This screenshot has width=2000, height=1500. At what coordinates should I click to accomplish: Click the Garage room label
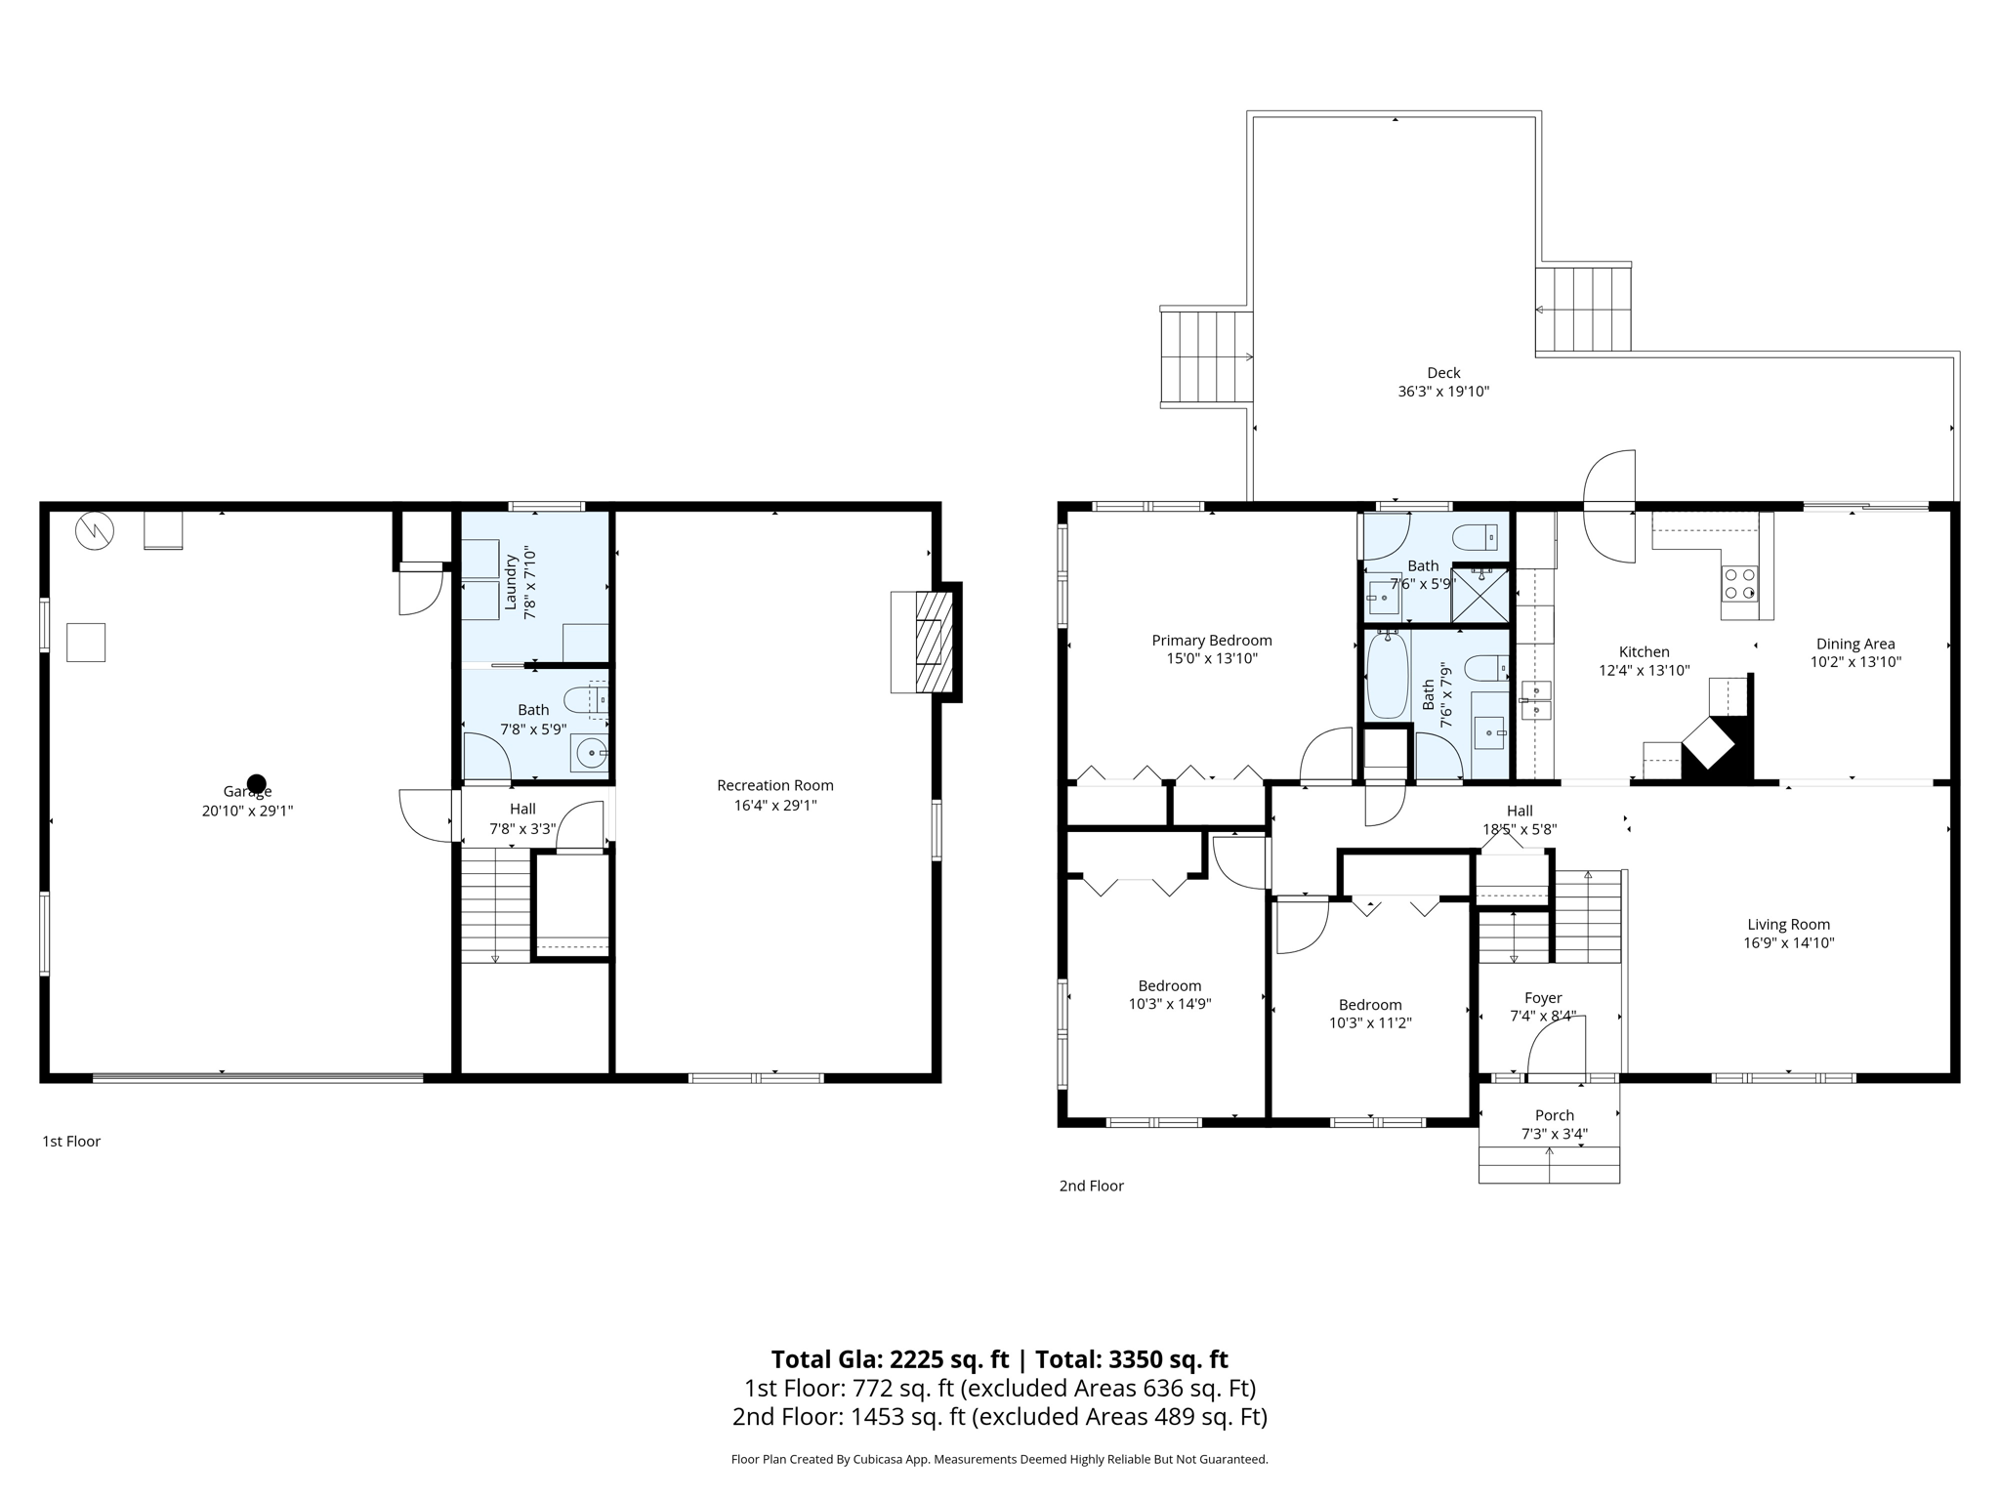[x=247, y=792]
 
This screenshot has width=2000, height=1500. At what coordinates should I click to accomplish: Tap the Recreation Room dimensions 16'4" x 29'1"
[x=774, y=806]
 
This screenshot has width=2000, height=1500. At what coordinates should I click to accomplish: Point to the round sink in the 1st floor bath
[x=590, y=753]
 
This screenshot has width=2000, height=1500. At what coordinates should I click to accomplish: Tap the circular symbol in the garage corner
[x=95, y=531]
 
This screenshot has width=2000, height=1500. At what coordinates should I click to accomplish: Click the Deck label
[x=1442, y=373]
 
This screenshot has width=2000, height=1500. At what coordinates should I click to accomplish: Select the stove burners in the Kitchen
[x=1739, y=584]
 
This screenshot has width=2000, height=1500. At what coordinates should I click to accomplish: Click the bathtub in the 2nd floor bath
[x=1387, y=674]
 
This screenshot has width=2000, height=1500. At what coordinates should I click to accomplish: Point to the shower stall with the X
[x=1479, y=595]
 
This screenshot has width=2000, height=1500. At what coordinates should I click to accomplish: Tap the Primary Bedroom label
[x=1211, y=641]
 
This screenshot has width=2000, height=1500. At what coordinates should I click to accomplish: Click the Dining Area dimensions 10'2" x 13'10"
[x=1854, y=662]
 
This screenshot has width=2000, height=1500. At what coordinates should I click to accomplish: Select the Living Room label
[x=1788, y=925]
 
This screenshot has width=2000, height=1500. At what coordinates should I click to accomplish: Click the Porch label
[x=1554, y=1115]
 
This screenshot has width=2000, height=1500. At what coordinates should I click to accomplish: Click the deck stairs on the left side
[x=1205, y=357]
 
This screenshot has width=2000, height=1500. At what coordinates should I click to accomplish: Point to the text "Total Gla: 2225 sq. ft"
[x=889, y=1359]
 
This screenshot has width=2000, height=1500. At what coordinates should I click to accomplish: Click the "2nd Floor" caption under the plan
[x=1091, y=1186]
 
